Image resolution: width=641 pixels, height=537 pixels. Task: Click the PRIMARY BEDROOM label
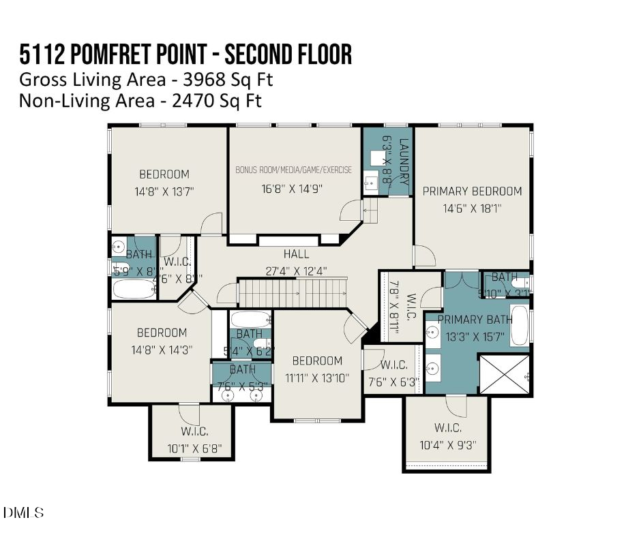[472, 191]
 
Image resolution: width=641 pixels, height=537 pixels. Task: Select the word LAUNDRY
[404, 162]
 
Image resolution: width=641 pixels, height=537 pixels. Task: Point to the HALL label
[296, 254]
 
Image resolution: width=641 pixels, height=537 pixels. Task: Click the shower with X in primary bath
[505, 373]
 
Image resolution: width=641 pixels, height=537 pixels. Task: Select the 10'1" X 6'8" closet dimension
[194, 448]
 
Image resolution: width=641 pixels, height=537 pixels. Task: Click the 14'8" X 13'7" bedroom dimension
[164, 191]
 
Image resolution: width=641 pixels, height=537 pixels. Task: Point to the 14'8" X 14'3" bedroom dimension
[162, 349]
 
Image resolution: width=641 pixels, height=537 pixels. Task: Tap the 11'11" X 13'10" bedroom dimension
[317, 377]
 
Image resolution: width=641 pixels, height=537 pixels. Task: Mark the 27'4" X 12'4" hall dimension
[296, 271]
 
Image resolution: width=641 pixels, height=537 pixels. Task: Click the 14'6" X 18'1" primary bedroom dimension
[472, 209]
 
